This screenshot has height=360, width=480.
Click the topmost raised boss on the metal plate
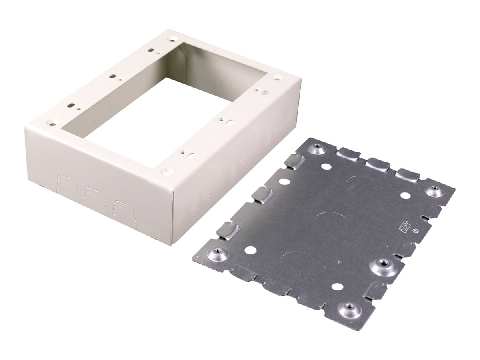coord(317,150)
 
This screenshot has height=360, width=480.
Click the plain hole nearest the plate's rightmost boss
coord(405,196)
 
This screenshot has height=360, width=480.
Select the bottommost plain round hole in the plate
coord(337,287)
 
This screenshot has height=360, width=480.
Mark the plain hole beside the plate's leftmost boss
coord(250,251)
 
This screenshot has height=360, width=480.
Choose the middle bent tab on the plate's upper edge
coord(377,164)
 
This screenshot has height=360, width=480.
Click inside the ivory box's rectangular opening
coord(160,120)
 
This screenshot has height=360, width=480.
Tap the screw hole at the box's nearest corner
coord(164,171)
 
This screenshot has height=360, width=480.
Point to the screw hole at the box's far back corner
coord(172,39)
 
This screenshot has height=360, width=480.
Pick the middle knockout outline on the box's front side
coord(93,196)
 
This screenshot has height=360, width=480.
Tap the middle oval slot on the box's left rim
coord(113,76)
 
